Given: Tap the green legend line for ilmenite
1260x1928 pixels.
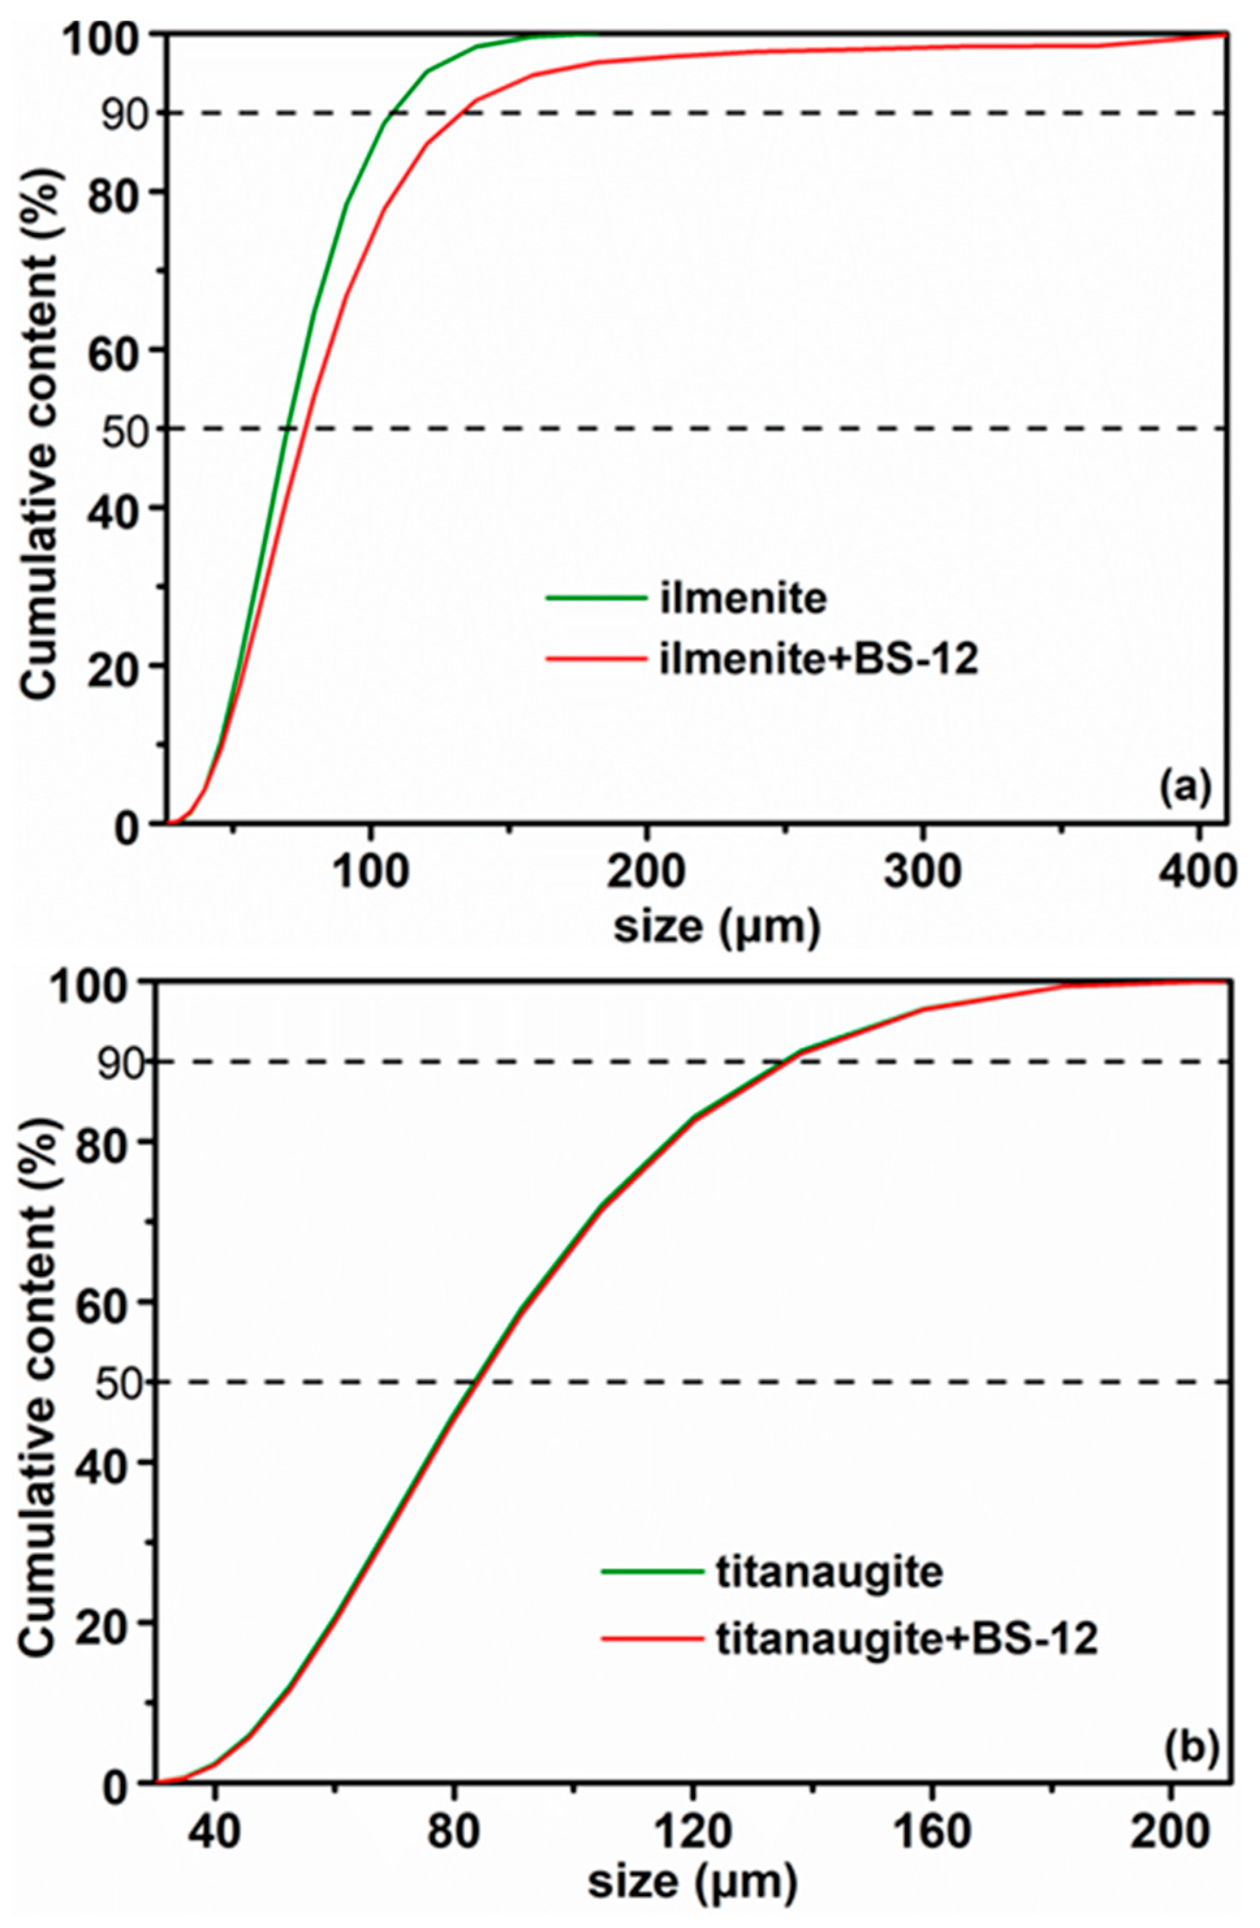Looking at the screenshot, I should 597,598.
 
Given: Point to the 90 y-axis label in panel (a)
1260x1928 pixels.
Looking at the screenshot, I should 124,113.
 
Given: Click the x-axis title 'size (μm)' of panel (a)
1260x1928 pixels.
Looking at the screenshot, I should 717,926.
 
